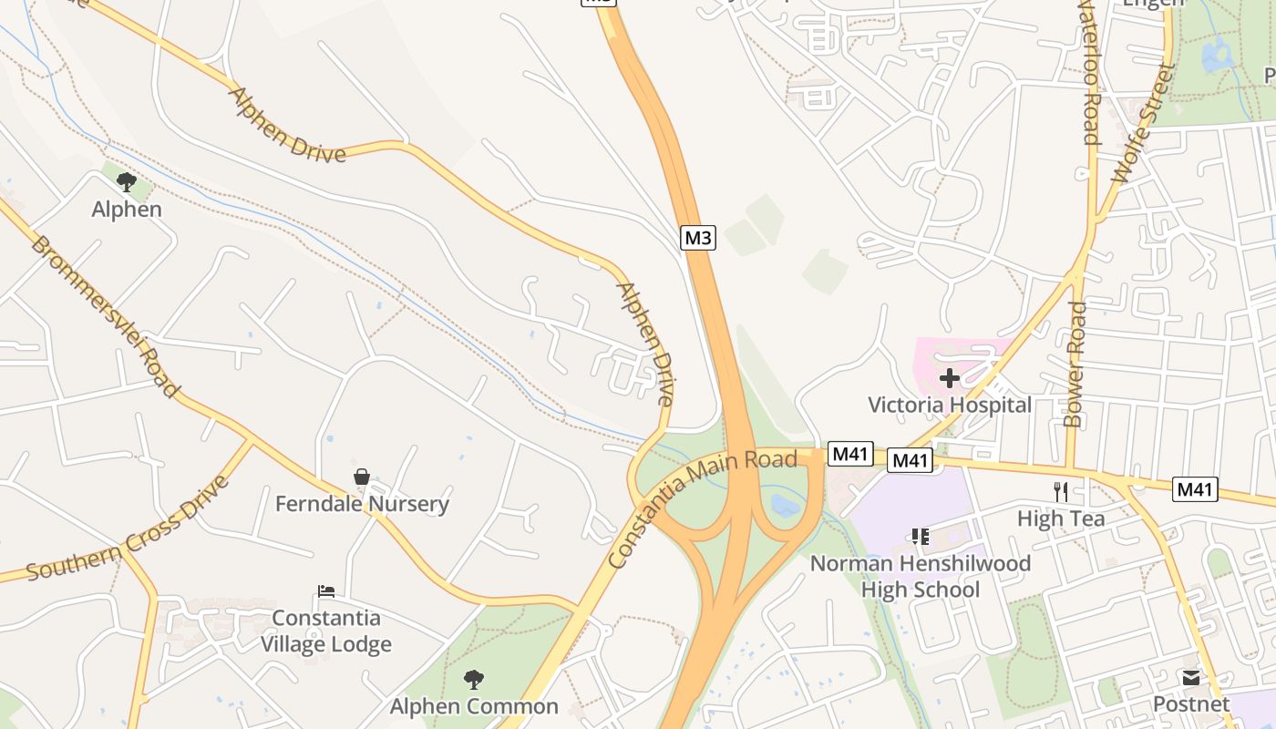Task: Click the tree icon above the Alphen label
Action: (x=127, y=181)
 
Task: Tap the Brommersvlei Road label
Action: (x=104, y=316)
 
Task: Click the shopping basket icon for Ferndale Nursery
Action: (x=362, y=477)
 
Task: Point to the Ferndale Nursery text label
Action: (x=362, y=504)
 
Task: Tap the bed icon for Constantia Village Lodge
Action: (x=326, y=591)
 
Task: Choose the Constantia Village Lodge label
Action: (x=326, y=631)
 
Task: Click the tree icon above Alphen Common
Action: (x=473, y=679)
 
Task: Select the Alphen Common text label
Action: (x=474, y=706)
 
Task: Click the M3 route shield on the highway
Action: (x=697, y=239)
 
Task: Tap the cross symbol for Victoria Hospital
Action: (x=950, y=377)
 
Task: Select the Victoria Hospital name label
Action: (x=950, y=405)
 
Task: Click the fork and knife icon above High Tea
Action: (x=1060, y=492)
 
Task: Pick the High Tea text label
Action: (x=1061, y=519)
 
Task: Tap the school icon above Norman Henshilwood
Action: (x=921, y=537)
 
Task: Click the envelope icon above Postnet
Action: (x=1191, y=677)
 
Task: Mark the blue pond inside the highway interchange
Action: (x=784, y=506)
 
